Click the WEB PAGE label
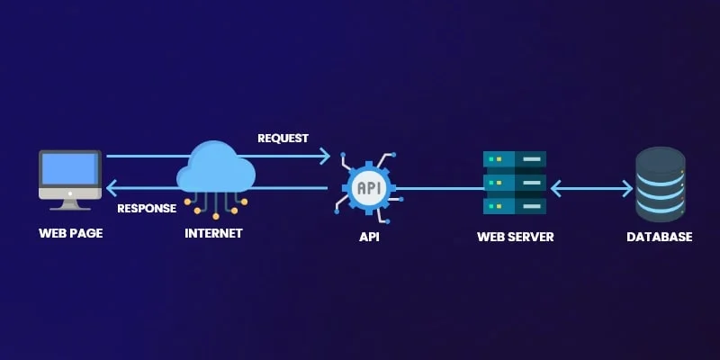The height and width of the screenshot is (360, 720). [70, 234]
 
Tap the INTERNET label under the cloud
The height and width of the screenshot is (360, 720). [213, 234]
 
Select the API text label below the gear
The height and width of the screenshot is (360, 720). [369, 238]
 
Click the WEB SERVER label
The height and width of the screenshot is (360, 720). [515, 238]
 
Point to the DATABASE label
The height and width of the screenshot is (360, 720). [660, 238]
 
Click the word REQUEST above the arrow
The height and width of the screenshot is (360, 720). [283, 139]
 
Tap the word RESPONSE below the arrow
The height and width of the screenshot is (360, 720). [147, 209]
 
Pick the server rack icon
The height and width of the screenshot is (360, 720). [515, 183]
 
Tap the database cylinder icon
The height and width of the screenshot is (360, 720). [660, 184]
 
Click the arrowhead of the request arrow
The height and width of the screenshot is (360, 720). [326, 157]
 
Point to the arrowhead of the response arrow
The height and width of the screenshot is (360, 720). [112, 188]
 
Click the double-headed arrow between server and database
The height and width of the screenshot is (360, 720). [591, 189]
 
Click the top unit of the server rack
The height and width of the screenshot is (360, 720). [515, 159]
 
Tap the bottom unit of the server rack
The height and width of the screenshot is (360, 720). [515, 206]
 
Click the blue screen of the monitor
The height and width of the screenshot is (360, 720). [70, 168]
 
